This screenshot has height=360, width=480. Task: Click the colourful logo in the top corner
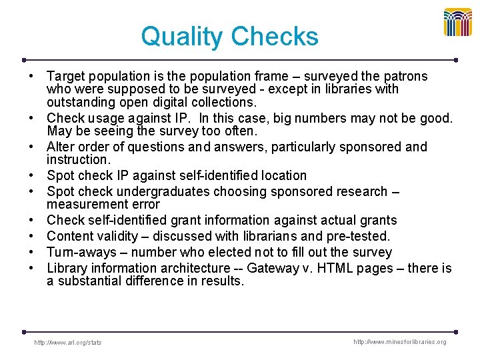(458, 22)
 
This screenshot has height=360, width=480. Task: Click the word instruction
(77, 160)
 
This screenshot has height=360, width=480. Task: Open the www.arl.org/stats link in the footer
(68, 343)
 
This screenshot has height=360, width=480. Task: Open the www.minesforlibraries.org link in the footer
(399, 342)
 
